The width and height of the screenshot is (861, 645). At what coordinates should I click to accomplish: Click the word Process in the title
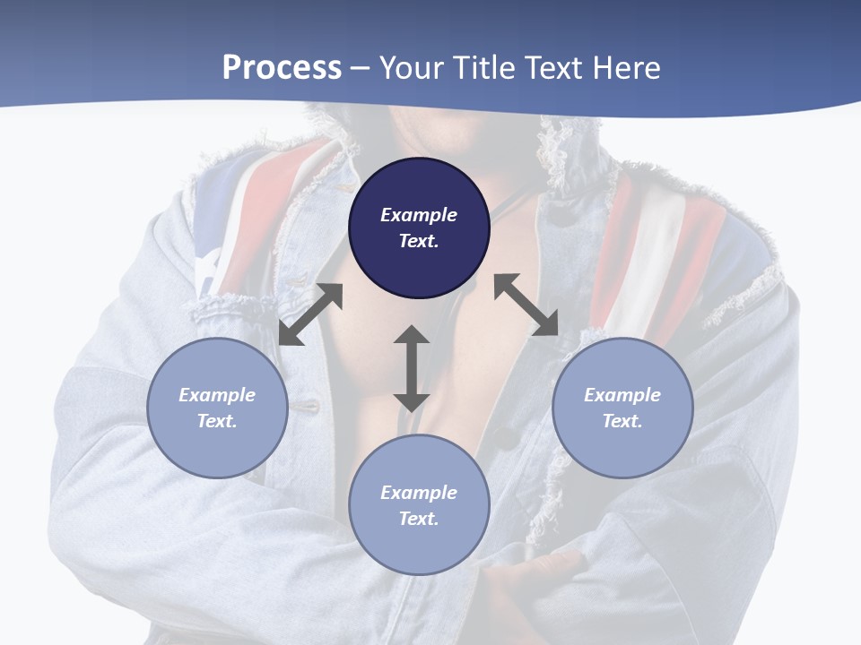tap(282, 67)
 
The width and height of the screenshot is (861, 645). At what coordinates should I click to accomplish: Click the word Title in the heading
tap(483, 67)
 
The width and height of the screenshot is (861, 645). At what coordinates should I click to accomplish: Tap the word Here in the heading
tap(624, 67)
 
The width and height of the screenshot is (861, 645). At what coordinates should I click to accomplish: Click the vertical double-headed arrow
tap(411, 368)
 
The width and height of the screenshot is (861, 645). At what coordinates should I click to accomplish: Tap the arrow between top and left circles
tap(310, 314)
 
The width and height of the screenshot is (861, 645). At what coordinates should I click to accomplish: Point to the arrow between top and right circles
tap(526, 305)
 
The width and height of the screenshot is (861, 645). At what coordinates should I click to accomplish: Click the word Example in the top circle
tap(419, 215)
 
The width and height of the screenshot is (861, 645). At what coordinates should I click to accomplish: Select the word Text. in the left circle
tap(217, 421)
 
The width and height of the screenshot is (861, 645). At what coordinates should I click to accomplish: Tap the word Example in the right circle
tap(622, 395)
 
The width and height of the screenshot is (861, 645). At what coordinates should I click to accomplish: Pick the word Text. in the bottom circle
tap(419, 519)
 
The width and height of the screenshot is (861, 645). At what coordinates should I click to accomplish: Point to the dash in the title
tap(361, 68)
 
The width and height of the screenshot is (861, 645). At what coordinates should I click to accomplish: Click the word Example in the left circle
tap(217, 395)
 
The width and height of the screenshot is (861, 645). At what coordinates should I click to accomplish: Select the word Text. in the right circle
tap(622, 421)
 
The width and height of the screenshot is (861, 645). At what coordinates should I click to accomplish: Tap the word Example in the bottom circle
tap(419, 493)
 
